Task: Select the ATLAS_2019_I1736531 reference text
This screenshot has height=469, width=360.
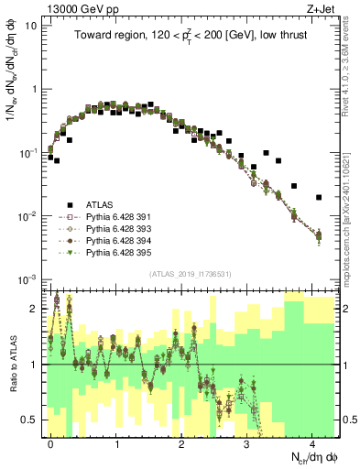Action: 188,272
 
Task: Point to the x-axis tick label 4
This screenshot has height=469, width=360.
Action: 313,442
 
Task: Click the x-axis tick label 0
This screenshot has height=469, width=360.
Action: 51,442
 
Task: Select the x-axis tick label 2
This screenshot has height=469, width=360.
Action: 182,442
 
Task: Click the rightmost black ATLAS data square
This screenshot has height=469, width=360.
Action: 319,197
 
